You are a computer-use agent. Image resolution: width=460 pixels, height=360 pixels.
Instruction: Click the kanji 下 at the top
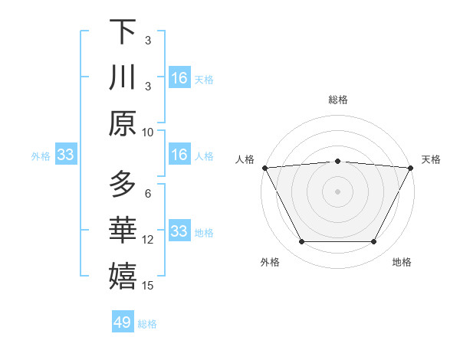123,32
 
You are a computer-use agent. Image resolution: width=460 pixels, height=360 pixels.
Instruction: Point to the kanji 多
123,184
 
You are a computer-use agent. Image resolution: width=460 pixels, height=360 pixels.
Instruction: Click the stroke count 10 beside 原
149,132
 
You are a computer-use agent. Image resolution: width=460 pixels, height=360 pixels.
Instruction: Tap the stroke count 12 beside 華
148,240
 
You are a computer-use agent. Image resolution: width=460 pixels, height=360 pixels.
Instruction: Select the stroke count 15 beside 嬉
149,286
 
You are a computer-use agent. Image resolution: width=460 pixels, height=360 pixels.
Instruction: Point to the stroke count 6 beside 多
148,193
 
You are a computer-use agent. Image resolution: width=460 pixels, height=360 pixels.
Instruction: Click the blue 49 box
123,322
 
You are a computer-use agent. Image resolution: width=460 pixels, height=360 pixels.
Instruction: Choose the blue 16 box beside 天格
179,78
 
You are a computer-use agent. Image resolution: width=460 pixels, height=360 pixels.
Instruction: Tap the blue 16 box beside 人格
179,155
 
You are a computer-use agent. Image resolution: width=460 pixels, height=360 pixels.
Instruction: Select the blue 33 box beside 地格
179,231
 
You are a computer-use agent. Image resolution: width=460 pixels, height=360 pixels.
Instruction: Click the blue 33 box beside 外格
65,155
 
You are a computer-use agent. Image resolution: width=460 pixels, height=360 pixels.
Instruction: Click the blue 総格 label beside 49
148,324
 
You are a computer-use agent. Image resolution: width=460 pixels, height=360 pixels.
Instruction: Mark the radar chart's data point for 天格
412,167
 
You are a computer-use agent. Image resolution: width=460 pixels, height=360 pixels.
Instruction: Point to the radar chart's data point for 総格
337,161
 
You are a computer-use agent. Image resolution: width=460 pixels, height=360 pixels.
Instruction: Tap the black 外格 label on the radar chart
270,262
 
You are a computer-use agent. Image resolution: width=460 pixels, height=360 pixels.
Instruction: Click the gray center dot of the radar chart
337,191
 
